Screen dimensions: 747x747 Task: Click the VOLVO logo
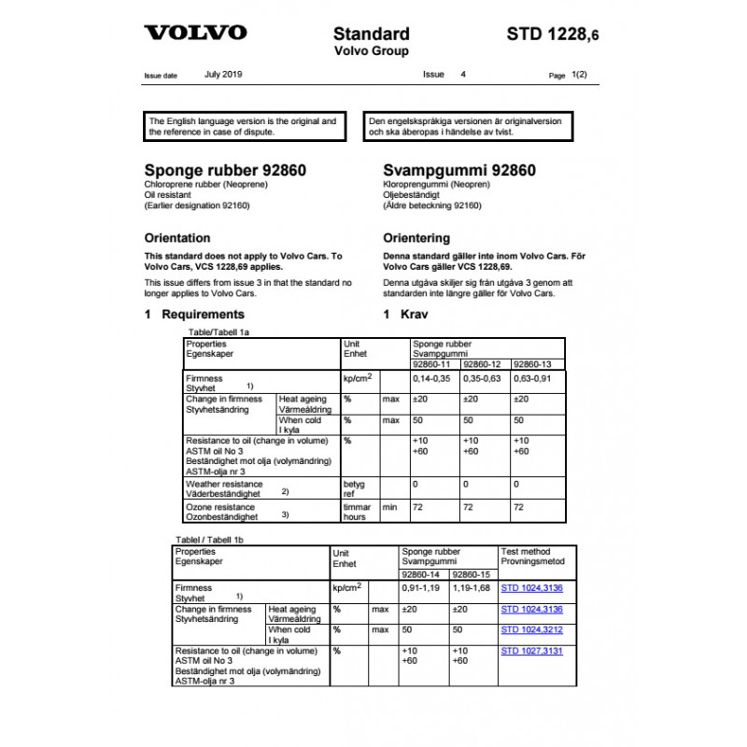(195, 33)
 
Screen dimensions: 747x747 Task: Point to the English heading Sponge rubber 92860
(225, 171)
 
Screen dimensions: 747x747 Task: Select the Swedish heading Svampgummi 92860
(459, 171)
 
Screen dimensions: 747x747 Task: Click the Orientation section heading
(177, 238)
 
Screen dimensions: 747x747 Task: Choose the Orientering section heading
(416, 238)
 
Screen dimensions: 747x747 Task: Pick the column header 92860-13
(533, 364)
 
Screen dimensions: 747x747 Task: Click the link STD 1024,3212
(532, 630)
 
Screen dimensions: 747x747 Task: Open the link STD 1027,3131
(532, 651)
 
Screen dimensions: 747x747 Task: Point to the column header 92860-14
(423, 574)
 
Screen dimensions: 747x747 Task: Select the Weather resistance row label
(224, 486)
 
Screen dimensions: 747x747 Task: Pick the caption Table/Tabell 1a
(219, 331)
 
